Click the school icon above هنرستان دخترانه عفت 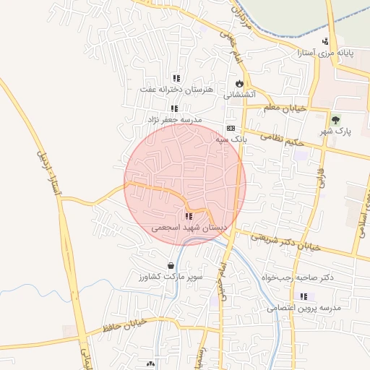[176, 78]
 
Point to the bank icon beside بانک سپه [231, 127]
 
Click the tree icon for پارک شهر [335, 119]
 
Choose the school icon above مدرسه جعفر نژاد [174, 108]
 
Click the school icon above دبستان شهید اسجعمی [189, 215]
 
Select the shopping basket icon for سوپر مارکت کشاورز [171, 265]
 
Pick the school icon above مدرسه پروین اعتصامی [304, 296]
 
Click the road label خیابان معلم [285, 108]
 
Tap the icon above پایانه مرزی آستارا [325, 40]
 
